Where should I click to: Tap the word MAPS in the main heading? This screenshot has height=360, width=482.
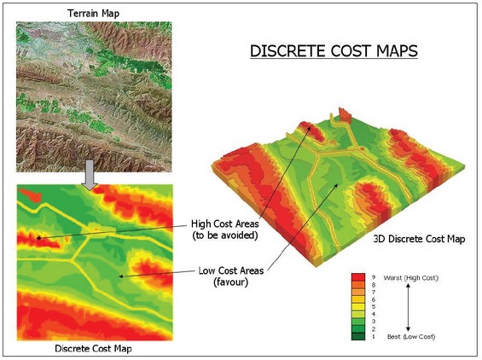391,51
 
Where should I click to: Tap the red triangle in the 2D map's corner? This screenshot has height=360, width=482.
25,192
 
